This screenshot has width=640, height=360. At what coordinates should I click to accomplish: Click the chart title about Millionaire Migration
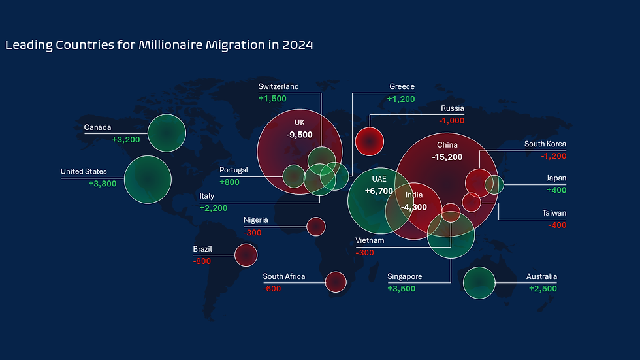(159, 45)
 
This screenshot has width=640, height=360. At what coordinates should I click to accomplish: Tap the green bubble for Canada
(167, 133)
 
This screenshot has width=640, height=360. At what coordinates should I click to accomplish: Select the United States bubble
(148, 179)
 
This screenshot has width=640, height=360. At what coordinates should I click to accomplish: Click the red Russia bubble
(369, 140)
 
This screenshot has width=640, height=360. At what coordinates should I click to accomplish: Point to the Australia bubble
(479, 282)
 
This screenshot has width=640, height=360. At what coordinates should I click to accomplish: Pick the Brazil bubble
(246, 255)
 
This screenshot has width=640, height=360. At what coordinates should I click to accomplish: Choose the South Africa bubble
(335, 282)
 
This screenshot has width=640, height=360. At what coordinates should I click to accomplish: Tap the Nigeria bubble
(316, 226)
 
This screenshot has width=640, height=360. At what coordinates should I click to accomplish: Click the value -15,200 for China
(447, 157)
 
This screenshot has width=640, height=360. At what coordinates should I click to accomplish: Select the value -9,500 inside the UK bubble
(300, 135)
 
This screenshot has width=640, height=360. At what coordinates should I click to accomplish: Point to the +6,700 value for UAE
(379, 191)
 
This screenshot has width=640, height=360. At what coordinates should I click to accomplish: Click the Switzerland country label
(278, 86)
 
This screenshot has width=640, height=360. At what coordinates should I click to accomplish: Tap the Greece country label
(402, 86)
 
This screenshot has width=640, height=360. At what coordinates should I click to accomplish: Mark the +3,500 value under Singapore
(401, 289)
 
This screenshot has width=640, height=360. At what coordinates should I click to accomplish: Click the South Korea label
(545, 144)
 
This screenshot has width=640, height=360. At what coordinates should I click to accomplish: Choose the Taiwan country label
(554, 213)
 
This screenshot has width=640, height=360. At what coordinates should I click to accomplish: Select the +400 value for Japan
(556, 190)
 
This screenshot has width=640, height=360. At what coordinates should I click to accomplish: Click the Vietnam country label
(370, 240)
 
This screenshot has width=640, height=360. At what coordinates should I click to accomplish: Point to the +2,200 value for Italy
(214, 208)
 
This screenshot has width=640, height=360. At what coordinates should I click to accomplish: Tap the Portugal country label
(234, 170)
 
